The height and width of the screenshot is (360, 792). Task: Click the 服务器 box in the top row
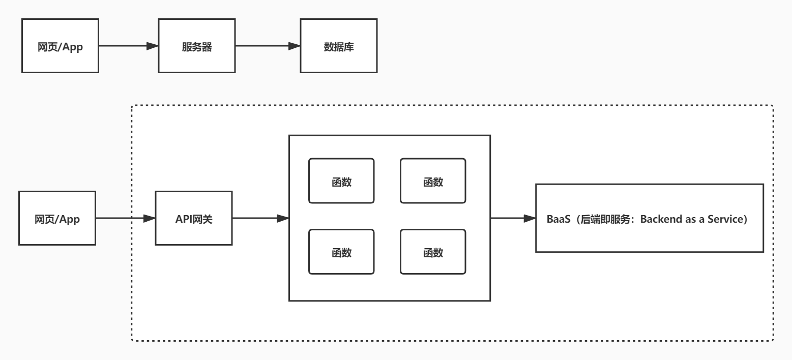tap(196, 46)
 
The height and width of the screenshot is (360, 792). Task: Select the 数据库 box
tap(338, 46)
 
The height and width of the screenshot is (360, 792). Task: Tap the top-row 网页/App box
tap(60, 46)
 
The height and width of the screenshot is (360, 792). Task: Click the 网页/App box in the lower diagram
tap(57, 219)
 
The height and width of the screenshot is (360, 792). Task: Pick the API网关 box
tap(193, 219)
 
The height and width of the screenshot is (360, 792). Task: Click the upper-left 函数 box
tap(341, 181)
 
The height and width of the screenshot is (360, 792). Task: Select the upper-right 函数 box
tap(433, 181)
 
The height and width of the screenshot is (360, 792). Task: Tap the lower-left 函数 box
tap(341, 252)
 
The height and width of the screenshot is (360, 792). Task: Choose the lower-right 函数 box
tap(433, 252)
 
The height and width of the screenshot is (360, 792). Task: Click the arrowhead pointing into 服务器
tap(152, 46)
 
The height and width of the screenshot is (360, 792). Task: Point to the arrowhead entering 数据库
tap(294, 46)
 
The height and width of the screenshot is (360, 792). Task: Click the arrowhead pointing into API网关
tap(149, 219)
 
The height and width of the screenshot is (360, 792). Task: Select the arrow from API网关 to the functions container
tap(259, 219)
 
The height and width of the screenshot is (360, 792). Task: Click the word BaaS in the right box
tap(558, 219)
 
